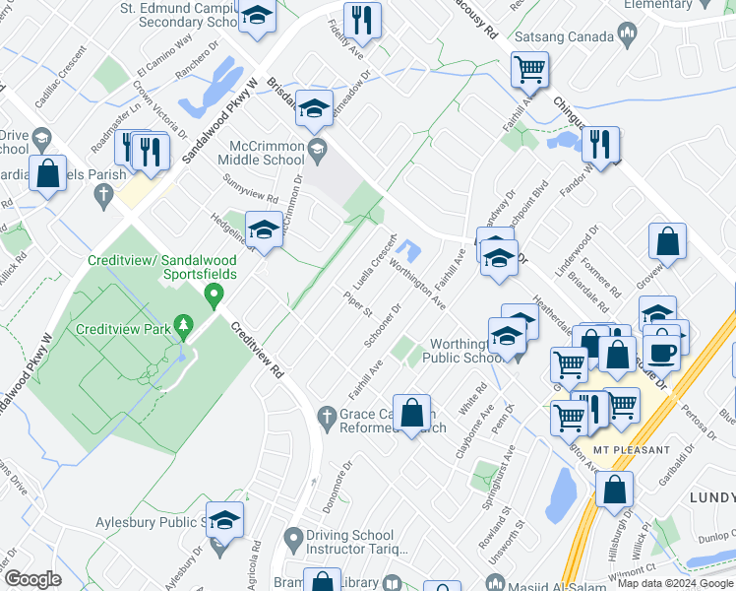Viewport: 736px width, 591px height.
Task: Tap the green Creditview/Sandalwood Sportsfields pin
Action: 212,294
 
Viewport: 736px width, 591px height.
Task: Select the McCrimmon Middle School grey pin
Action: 316,151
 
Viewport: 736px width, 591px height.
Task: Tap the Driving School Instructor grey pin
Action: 292,539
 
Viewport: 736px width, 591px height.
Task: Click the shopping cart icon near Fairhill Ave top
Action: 529,71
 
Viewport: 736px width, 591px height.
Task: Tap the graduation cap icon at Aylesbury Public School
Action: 225,522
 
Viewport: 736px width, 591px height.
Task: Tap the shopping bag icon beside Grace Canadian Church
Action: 412,412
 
